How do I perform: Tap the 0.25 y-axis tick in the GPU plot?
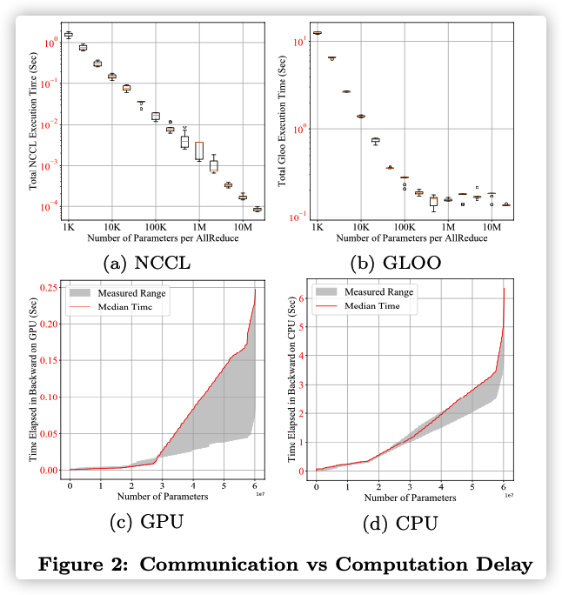51,287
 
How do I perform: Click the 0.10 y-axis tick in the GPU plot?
51,397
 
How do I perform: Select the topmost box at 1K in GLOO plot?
318,32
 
